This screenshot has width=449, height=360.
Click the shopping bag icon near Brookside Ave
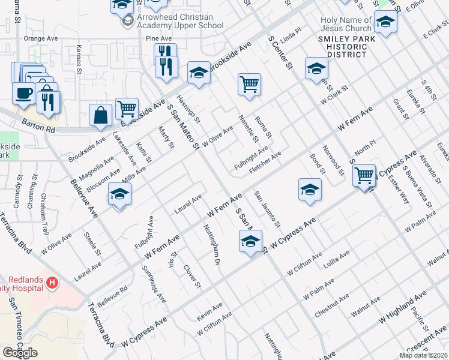[101, 115]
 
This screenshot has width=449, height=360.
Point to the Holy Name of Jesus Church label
[346, 24]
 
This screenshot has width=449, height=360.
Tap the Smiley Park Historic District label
[343, 46]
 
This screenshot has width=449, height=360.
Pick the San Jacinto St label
[267, 209]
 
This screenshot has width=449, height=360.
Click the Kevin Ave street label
[209, 312]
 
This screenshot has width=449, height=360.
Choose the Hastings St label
[188, 106]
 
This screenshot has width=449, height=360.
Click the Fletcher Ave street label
[265, 163]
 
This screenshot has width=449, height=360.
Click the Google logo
[20, 353]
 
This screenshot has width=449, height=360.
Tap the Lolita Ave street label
[336, 259]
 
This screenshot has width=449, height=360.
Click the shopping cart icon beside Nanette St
[249, 85]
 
